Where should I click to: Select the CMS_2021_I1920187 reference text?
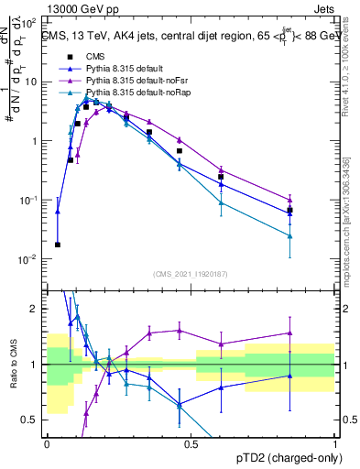click(x=190, y=272)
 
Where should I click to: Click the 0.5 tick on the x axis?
click(x=191, y=444)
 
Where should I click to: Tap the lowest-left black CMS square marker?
click(x=58, y=245)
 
